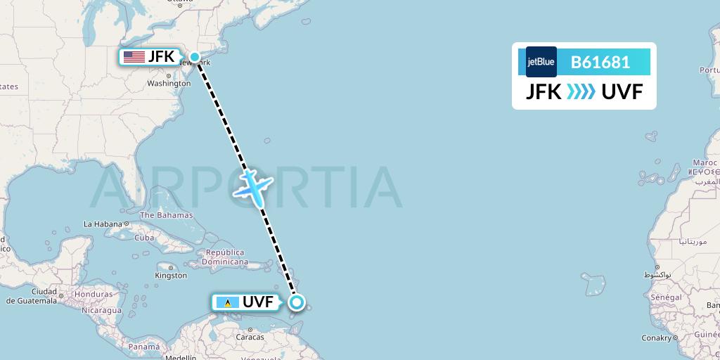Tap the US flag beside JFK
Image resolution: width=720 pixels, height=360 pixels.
click(x=134, y=57)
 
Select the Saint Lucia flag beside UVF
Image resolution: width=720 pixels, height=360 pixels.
click(x=226, y=303)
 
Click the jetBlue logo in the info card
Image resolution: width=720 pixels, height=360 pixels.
click(x=541, y=62)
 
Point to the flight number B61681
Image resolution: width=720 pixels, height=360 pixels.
click(x=600, y=62)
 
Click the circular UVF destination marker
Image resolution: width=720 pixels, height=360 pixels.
click(x=297, y=302)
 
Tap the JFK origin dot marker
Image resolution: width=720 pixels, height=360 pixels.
click(x=195, y=57)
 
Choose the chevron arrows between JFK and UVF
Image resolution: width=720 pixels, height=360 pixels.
click(x=581, y=91)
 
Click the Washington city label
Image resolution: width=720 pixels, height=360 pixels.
click(x=169, y=83)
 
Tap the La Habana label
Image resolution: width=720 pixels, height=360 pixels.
click(x=103, y=224)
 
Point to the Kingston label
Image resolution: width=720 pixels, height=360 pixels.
click(x=172, y=276)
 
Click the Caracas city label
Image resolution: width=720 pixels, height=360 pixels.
click(x=250, y=337)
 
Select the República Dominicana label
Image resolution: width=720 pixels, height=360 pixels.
click(x=225, y=257)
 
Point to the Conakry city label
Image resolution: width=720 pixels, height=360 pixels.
click(x=657, y=338)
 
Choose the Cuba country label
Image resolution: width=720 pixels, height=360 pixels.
click(x=144, y=238)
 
